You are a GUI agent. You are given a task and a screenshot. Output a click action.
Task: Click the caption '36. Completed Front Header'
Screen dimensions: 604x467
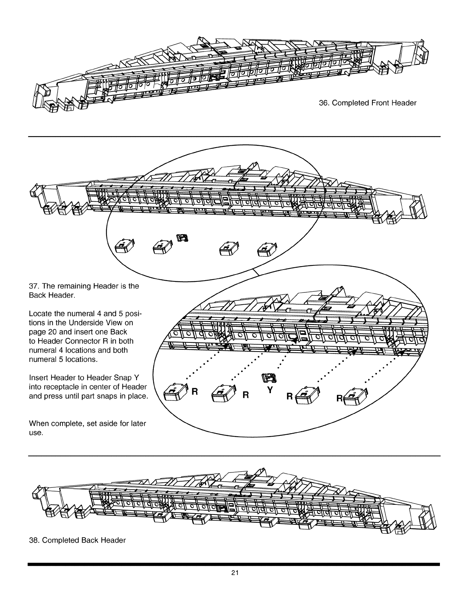point(367,103)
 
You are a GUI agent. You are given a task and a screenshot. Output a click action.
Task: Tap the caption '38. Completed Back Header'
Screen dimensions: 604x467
point(77,540)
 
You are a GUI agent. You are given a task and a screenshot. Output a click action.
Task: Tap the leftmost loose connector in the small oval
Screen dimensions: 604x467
point(123,247)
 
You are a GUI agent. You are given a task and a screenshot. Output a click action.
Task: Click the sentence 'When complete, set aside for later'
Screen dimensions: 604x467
point(87,424)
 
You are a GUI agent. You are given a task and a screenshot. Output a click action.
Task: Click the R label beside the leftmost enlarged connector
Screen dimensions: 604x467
point(195,391)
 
